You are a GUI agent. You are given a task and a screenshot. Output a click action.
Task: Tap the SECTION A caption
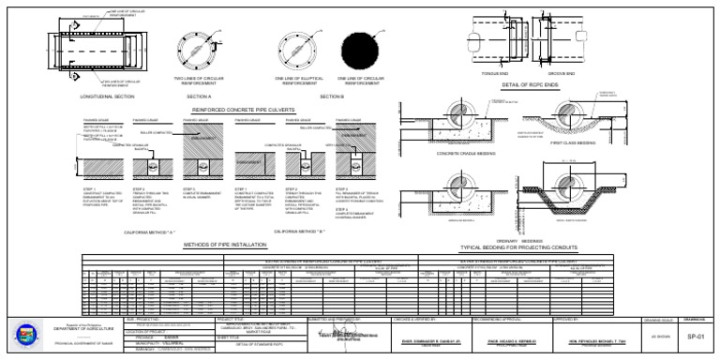click(199, 97)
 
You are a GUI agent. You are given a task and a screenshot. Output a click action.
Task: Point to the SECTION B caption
click(332, 97)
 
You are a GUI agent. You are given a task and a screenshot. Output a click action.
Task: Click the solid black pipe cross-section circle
click(361, 48)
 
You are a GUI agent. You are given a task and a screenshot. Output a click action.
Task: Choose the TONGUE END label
click(494, 73)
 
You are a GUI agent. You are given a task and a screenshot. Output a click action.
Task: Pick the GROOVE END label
click(562, 73)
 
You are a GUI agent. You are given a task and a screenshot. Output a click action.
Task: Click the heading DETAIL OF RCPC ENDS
click(531, 84)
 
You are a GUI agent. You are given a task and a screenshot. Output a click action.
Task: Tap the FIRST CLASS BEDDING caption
click(573, 143)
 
